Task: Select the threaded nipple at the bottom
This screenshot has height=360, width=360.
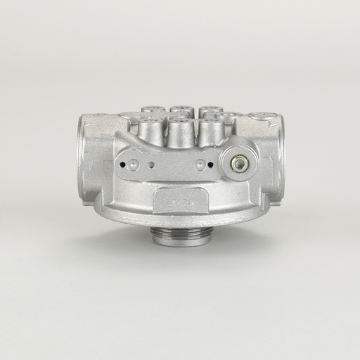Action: [x=181, y=234]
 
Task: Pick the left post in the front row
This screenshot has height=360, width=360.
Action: [x=150, y=131]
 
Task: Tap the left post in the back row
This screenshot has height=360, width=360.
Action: [x=152, y=110]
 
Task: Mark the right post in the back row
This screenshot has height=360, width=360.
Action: [x=209, y=112]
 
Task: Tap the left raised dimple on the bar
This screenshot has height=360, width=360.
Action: [x=151, y=165]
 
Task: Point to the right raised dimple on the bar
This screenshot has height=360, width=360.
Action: [x=200, y=165]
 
